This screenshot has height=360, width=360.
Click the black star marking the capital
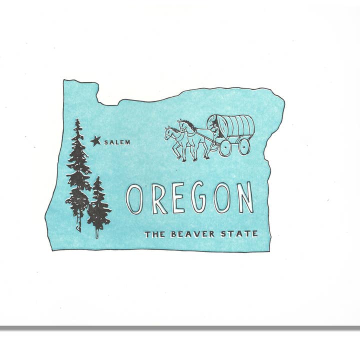(95, 141)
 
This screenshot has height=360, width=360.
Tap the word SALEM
(117, 142)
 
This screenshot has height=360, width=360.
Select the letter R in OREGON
(158, 199)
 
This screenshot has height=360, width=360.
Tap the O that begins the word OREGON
(135, 198)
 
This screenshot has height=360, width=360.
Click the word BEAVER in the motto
(192, 233)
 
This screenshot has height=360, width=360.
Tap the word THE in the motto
(155, 234)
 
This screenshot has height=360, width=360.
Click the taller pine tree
(78, 170)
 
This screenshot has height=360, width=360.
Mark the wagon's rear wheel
(244, 146)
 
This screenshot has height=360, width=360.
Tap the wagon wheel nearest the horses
(225, 147)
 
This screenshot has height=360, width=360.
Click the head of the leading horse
(170, 132)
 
